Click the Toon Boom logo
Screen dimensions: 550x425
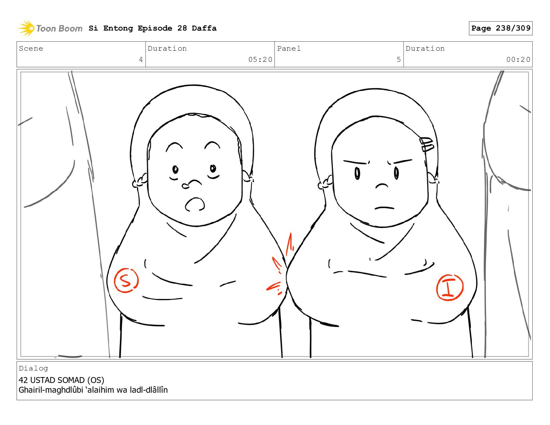point(50,28)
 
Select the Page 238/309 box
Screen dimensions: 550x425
point(500,28)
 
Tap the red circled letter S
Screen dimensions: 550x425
point(126,280)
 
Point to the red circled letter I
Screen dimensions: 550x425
point(450,287)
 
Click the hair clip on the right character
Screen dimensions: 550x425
point(426,144)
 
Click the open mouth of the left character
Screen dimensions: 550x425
point(195,205)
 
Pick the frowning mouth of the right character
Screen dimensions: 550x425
point(384,208)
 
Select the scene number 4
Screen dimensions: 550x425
point(141,59)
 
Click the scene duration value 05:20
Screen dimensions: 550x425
point(260,59)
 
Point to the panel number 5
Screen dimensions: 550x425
point(399,59)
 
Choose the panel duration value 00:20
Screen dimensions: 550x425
point(518,59)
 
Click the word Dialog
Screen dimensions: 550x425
point(33,368)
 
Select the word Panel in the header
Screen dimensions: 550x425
point(289,48)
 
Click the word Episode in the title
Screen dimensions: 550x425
point(155,28)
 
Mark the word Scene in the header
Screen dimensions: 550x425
point(31,48)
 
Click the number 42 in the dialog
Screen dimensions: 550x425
point(23,380)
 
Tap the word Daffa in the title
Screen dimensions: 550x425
point(204,28)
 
